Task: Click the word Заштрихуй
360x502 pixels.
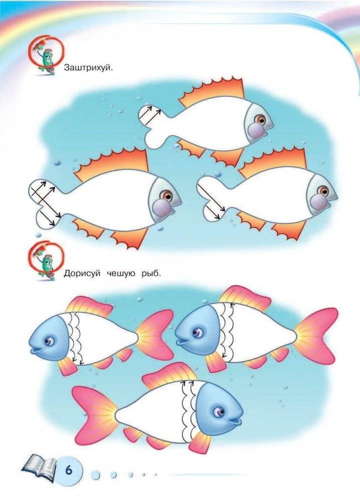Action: coord(89,68)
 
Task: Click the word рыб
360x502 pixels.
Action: coord(151,274)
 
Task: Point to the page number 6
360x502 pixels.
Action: coord(69,470)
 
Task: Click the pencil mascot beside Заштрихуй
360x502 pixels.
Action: coord(46,56)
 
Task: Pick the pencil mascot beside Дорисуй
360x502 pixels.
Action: coord(46,261)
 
